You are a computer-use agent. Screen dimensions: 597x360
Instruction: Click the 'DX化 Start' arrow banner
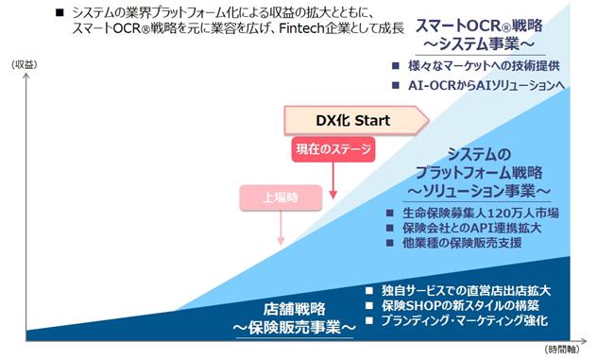click(356, 120)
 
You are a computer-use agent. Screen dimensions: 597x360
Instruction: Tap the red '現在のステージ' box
click(333, 149)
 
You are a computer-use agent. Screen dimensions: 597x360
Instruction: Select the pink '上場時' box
click(281, 197)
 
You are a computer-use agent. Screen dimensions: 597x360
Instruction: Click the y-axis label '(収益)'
click(25, 65)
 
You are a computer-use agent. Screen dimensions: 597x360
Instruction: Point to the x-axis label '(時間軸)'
click(562, 349)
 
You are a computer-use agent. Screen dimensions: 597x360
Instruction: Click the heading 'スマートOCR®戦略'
click(479, 26)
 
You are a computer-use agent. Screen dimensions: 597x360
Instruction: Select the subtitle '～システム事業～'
click(479, 44)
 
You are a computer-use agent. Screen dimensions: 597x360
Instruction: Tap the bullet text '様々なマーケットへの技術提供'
click(484, 66)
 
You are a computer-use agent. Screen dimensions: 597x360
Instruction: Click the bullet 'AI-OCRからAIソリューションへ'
click(486, 85)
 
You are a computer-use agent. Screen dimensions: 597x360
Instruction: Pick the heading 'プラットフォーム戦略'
click(479, 173)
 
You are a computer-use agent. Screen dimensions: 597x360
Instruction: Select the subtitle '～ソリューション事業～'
click(479, 191)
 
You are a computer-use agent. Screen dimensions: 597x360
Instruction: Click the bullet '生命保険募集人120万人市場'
click(481, 213)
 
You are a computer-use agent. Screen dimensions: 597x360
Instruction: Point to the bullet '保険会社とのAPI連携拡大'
click(471, 228)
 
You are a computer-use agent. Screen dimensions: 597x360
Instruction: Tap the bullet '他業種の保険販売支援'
click(462, 243)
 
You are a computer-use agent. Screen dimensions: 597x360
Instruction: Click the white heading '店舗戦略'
click(295, 309)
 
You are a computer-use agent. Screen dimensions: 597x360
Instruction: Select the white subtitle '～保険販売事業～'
click(295, 327)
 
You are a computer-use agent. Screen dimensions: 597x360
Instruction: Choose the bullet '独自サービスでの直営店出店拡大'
click(466, 291)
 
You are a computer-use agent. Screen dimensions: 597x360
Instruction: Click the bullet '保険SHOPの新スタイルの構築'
click(460, 305)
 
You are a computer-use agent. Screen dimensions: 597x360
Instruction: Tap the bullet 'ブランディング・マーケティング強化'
click(465, 320)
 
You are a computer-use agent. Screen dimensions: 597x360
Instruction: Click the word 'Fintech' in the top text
click(301, 28)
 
